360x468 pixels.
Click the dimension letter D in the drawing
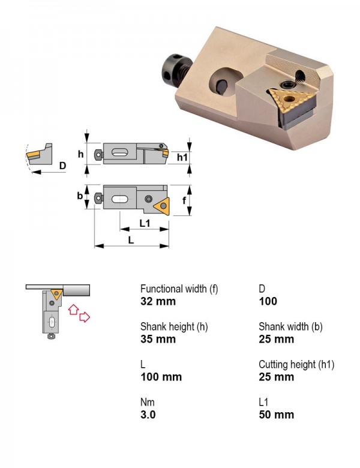[x=62, y=166]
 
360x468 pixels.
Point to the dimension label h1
[x=182, y=157]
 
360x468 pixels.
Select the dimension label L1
[x=145, y=223]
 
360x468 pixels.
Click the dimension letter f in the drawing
[x=184, y=200]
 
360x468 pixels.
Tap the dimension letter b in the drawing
[x=80, y=196]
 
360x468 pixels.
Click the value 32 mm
[x=158, y=301]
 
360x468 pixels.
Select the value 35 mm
[x=158, y=339]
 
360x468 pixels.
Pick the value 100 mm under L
[x=161, y=377]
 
